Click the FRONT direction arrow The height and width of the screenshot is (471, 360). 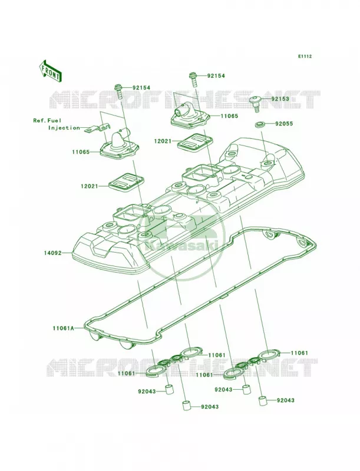[50, 71]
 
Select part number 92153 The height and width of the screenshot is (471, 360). [280, 99]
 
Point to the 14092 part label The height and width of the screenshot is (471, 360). [52, 253]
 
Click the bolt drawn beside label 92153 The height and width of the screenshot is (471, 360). [256, 104]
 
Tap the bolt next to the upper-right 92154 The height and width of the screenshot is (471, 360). [193, 79]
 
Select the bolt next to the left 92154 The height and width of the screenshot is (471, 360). [118, 91]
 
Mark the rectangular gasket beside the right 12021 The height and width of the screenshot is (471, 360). [194, 142]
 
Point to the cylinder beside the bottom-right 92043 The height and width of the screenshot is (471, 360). [263, 402]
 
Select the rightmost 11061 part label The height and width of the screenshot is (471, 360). [299, 353]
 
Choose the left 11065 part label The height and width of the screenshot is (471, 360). [81, 152]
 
